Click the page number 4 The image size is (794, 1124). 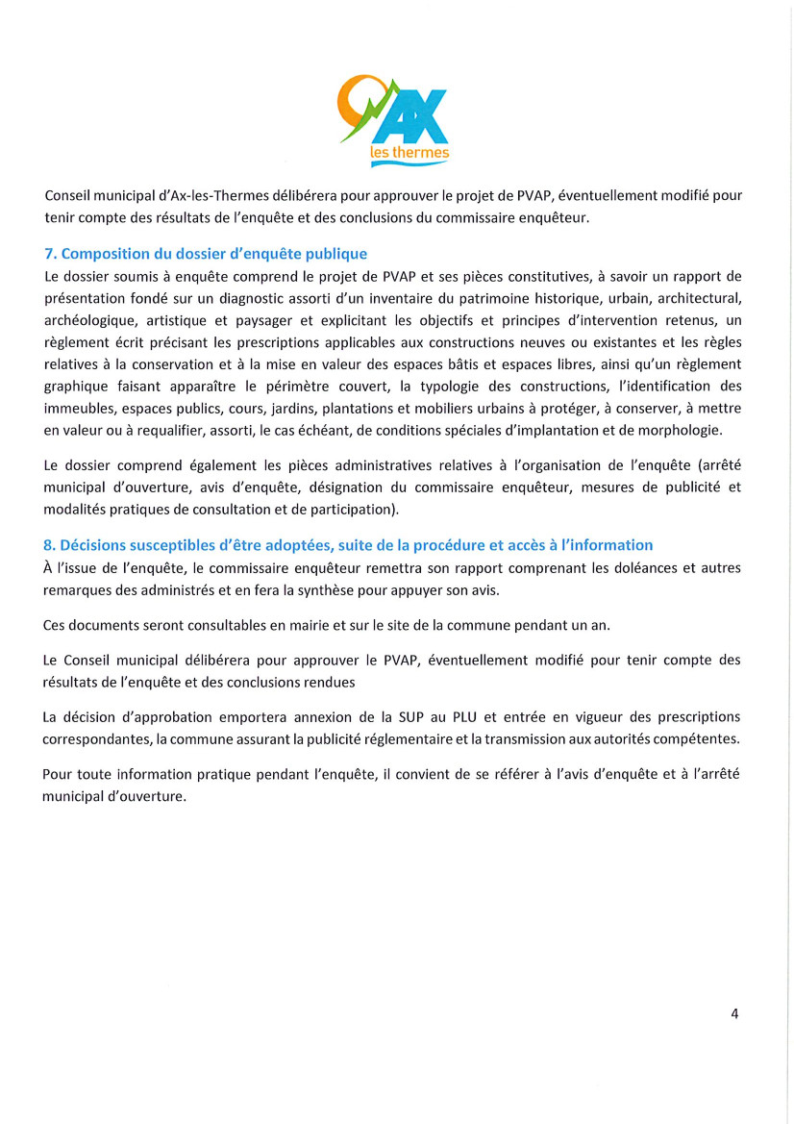pos(734,1012)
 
